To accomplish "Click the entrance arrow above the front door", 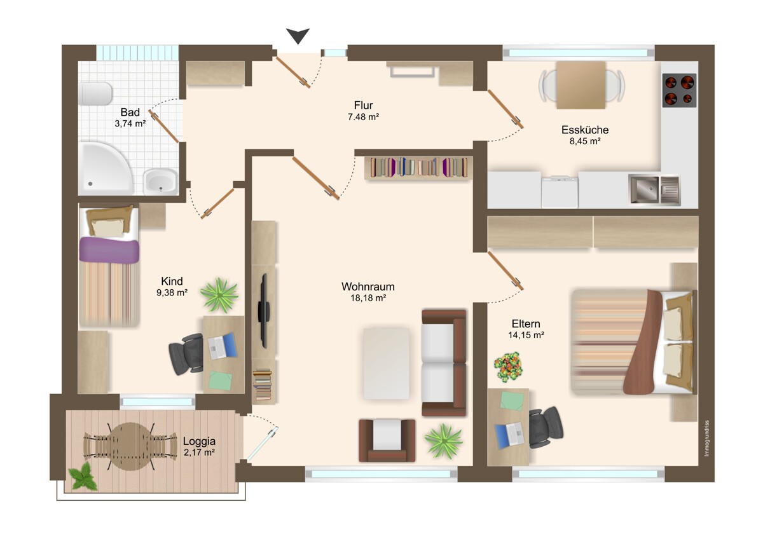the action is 298,35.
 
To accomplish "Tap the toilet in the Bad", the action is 95,93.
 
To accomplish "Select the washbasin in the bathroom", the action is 160,182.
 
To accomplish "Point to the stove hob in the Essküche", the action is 679,90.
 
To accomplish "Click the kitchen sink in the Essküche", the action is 654,189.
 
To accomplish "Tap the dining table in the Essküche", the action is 581,85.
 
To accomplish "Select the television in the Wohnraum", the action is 264,311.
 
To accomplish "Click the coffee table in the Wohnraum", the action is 386,364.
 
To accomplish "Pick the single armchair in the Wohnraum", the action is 387,440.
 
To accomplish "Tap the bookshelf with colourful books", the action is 418,168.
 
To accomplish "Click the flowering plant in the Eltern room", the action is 508,367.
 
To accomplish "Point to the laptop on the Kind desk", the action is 223,346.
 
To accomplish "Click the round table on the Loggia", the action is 130,446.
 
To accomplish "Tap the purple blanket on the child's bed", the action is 109,250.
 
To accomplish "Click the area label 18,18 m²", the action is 368,298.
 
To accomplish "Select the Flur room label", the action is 364,106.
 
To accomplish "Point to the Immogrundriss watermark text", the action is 706,438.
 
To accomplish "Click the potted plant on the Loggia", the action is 82,476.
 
